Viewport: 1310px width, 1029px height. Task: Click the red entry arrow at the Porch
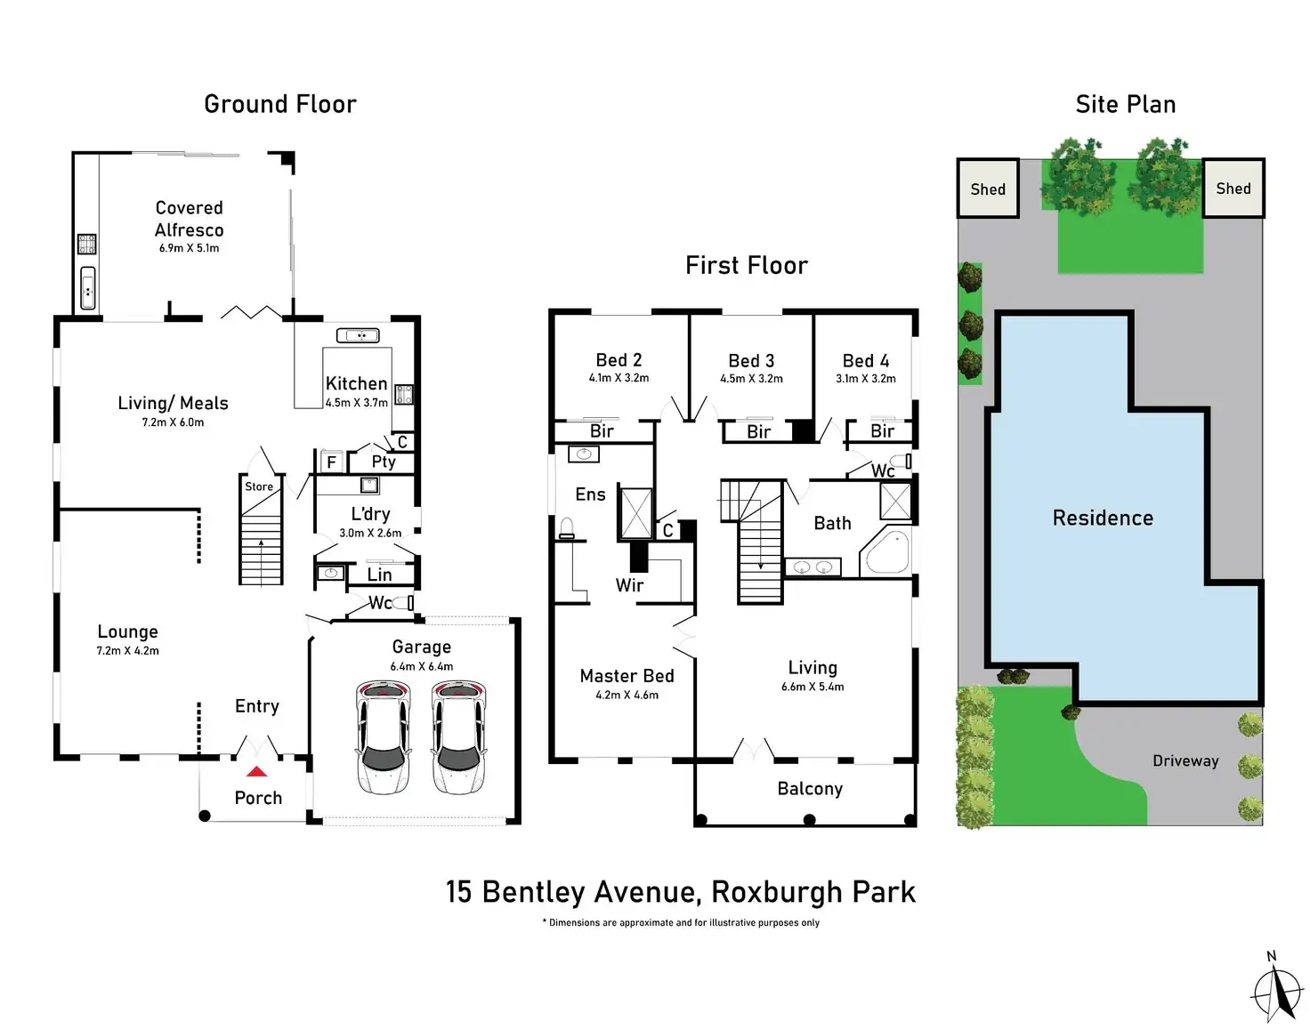click(x=256, y=772)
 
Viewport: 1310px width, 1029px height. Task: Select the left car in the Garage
click(x=384, y=737)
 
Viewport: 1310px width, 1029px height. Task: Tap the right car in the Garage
click(x=458, y=737)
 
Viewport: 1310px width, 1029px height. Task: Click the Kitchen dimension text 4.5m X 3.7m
click(x=356, y=403)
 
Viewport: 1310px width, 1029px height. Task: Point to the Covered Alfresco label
click(x=189, y=219)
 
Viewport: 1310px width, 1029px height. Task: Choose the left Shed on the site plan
click(x=988, y=189)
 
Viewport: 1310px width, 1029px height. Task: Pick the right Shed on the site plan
click(x=1233, y=188)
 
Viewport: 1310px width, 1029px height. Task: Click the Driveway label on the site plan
click(x=1185, y=760)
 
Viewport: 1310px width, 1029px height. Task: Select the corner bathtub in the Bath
click(x=886, y=552)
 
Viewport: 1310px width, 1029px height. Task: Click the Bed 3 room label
click(x=751, y=360)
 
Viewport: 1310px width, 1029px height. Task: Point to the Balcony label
click(x=810, y=789)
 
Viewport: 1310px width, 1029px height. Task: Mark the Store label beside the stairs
click(x=259, y=486)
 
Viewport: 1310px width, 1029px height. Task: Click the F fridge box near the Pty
click(x=331, y=462)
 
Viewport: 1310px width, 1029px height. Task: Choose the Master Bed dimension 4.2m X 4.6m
click(x=627, y=695)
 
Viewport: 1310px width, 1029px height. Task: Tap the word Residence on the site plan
click(x=1103, y=518)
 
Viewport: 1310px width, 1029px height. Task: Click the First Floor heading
click(x=747, y=265)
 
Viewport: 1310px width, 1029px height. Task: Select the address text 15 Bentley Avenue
click(x=570, y=892)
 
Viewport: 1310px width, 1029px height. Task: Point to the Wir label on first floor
click(x=629, y=585)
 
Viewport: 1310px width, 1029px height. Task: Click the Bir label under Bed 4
click(x=882, y=431)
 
